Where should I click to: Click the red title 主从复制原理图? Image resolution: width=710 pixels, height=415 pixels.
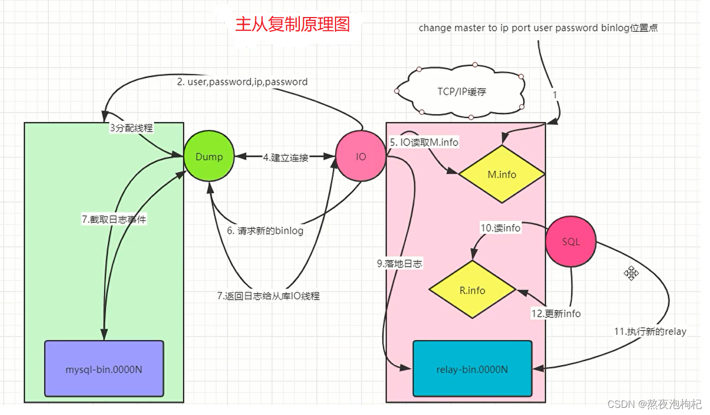pos(292,25)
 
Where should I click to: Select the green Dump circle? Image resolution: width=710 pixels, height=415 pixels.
pos(209,157)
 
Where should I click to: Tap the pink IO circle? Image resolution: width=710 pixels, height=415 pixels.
pos(361,157)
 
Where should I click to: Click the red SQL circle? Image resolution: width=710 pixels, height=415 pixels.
pos(571,242)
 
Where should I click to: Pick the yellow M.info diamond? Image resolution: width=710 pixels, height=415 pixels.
pos(502,175)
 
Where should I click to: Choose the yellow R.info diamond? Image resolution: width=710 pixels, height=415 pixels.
pos(472,290)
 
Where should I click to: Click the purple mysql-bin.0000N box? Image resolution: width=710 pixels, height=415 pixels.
pos(104,369)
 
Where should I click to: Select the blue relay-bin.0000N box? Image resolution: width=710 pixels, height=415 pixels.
pos(472,369)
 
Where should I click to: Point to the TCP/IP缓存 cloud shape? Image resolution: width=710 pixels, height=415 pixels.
pos(461,92)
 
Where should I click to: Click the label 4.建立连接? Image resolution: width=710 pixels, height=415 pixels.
pos(285,158)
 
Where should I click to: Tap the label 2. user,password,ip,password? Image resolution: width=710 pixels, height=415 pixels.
pos(242,82)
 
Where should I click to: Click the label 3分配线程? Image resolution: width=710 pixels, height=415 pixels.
pos(131,128)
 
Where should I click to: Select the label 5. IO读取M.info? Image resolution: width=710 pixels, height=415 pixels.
pos(424,142)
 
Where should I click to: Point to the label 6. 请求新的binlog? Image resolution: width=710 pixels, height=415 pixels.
pos(265,231)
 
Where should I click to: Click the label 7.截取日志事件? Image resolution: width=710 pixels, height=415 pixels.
pos(114,219)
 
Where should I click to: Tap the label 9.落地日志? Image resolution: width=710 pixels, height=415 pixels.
pos(399,263)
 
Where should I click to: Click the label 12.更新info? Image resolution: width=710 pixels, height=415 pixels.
pos(555,313)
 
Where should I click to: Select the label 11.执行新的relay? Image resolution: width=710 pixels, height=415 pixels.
pos(650,331)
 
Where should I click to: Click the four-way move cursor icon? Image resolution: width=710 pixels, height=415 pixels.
pos(631,273)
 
